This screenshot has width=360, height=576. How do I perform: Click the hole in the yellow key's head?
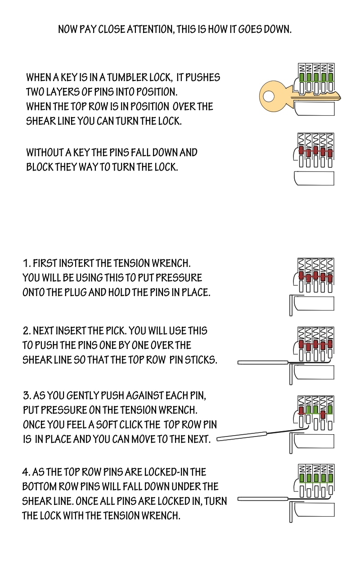(x=269, y=97)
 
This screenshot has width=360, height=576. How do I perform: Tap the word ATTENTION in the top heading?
(x=151, y=29)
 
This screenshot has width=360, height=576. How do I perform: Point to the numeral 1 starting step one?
(x=26, y=263)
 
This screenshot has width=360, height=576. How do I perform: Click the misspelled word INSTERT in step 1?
(x=76, y=263)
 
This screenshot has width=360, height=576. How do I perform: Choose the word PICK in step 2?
(x=116, y=331)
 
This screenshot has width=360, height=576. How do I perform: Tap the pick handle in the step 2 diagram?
(x=263, y=363)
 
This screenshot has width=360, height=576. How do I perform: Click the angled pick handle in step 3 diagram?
(x=242, y=436)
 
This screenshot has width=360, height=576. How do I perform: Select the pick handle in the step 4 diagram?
(x=263, y=499)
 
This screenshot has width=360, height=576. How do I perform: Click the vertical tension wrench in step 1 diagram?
(x=291, y=306)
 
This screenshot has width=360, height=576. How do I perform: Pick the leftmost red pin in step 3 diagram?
(x=301, y=410)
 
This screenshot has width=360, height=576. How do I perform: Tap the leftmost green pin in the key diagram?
(x=302, y=77)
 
